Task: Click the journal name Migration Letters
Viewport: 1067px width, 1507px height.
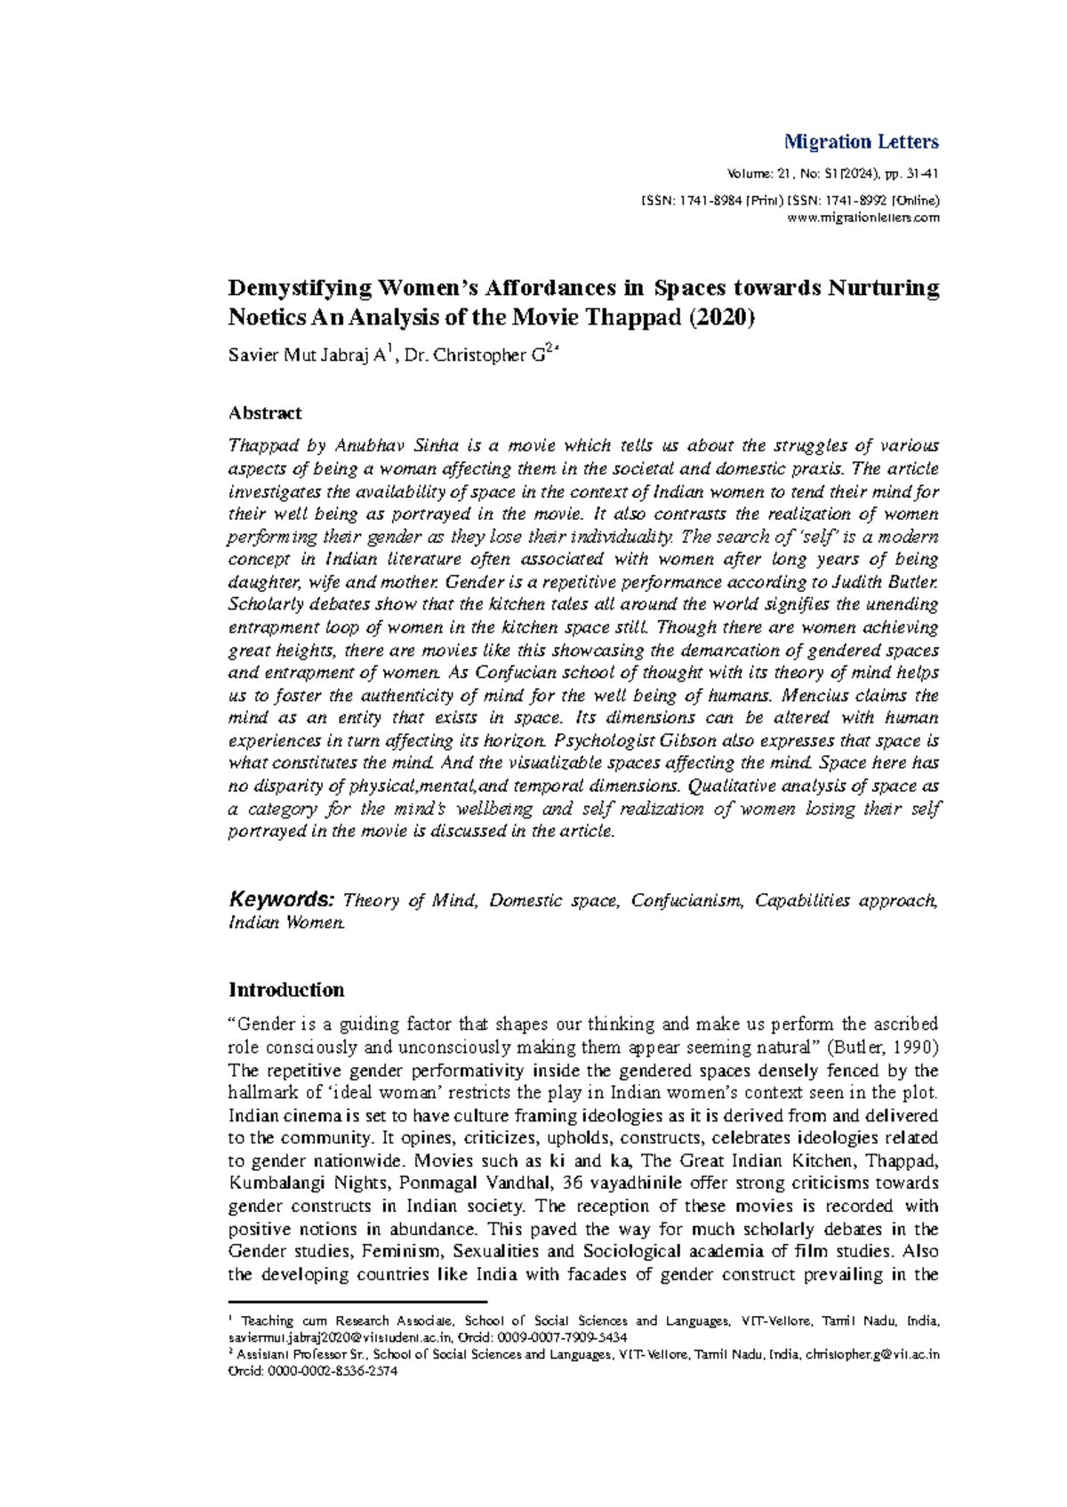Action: [861, 142]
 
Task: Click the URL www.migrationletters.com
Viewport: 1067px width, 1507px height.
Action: [864, 219]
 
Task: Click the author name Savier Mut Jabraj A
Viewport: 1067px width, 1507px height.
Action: [307, 356]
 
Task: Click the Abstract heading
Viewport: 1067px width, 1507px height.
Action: [265, 413]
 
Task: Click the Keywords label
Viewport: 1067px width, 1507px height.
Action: [281, 899]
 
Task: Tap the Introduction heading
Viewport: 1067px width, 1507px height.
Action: [286, 990]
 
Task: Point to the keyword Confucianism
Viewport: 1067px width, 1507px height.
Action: [686, 901]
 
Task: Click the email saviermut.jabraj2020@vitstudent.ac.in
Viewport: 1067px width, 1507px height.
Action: [341, 1337]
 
